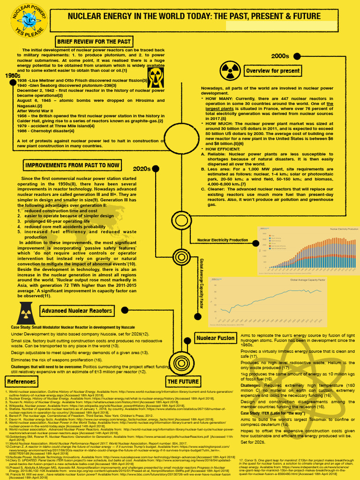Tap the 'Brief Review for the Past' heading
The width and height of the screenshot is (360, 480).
(x=94, y=42)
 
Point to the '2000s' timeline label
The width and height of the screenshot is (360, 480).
(x=280, y=56)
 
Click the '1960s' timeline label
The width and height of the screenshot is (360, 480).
(x=12, y=75)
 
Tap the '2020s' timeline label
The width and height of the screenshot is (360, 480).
(x=142, y=168)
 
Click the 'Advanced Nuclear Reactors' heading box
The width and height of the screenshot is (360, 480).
(x=77, y=310)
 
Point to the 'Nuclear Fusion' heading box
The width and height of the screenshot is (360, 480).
(x=216, y=337)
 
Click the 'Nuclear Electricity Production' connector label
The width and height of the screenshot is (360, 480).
(x=223, y=240)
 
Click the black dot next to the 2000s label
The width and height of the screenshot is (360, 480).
(x=297, y=56)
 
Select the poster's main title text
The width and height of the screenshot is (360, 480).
(x=195, y=16)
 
